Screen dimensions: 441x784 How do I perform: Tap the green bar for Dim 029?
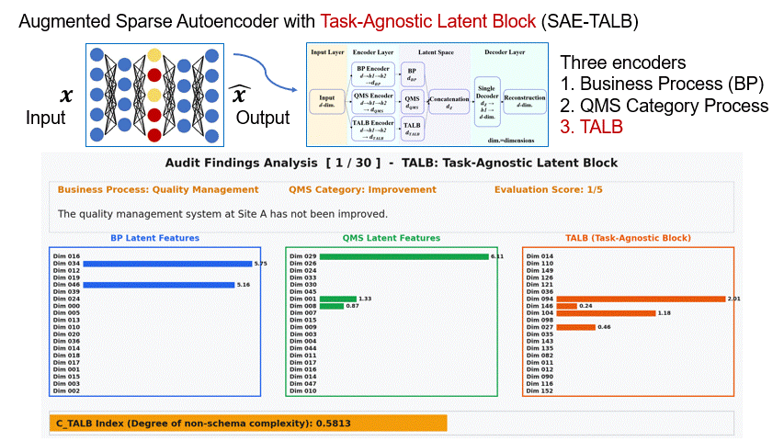tap(403, 256)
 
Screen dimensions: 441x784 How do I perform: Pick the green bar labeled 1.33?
tap(337, 299)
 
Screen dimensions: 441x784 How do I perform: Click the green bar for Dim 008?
tap(332, 306)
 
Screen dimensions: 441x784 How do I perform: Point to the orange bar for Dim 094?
tap(640, 299)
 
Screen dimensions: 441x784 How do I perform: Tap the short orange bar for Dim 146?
tap(566, 306)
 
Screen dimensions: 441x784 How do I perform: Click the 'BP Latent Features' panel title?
tap(154, 238)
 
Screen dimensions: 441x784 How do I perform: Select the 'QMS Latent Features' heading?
tap(392, 238)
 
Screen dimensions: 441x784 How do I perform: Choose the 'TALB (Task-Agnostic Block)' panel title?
tap(628, 238)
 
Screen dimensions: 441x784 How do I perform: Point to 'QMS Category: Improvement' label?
tap(361, 190)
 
